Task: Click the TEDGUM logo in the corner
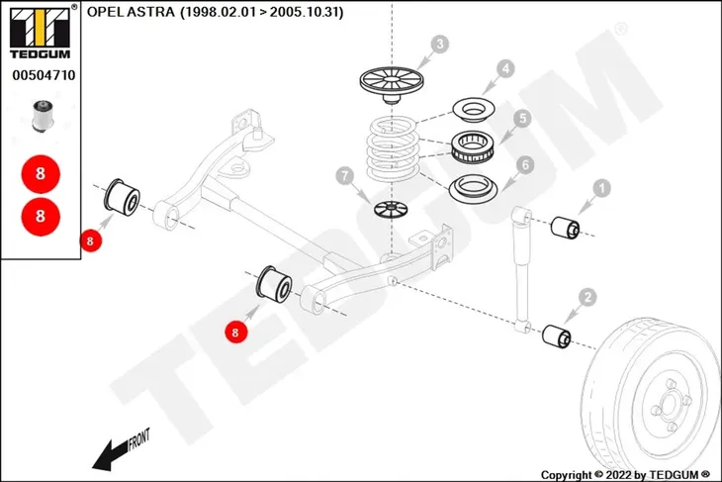(41, 33)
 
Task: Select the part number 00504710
(44, 75)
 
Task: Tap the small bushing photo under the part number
(44, 115)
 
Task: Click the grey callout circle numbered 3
(440, 45)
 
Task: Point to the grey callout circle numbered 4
(505, 68)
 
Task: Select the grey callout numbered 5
(522, 119)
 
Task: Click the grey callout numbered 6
(525, 165)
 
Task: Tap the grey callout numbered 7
(345, 175)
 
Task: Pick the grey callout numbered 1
(601, 188)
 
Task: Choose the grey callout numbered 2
(587, 297)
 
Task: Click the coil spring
(393, 147)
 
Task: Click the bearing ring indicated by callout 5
(474, 146)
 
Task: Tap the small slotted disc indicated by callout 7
(391, 210)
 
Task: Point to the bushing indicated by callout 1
(566, 228)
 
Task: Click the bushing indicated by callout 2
(557, 337)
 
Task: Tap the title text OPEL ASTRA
(131, 12)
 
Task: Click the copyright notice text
(625, 475)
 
